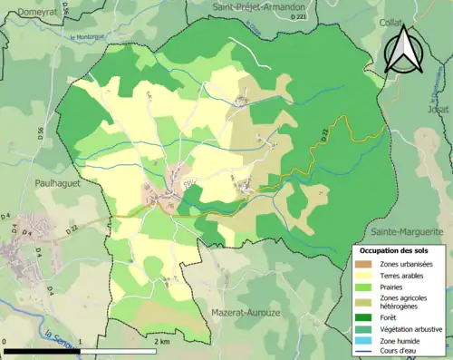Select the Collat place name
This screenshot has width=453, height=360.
coord(391,23)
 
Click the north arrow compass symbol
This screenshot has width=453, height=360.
coord(404,49)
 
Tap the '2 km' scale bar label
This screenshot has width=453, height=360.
coord(162,341)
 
